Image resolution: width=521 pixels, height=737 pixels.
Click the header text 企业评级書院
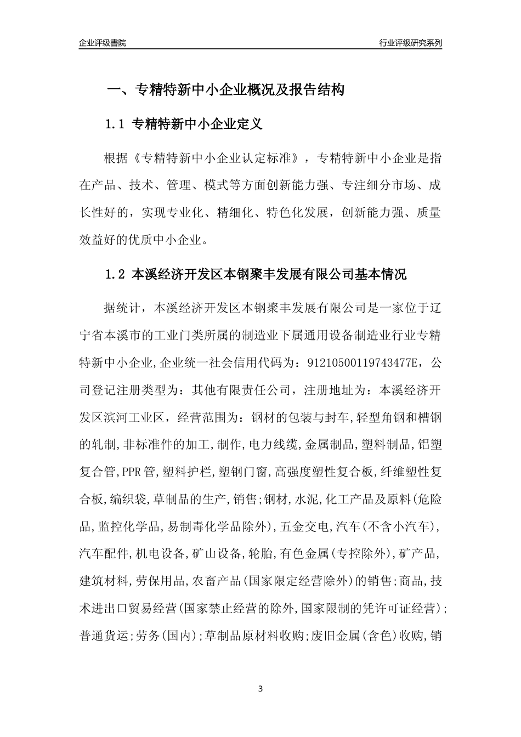pyautogui.click(x=103, y=43)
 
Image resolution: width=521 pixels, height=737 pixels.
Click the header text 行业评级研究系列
pyautogui.click(x=410, y=43)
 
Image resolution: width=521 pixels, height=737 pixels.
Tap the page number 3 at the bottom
pyautogui.click(x=260, y=689)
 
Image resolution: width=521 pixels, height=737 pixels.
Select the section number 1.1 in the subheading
pyautogui.click(x=116, y=124)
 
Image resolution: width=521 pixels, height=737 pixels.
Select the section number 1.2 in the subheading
pyautogui.click(x=116, y=275)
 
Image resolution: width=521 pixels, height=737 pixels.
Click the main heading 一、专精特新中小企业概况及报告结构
pyautogui.click(x=225, y=90)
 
